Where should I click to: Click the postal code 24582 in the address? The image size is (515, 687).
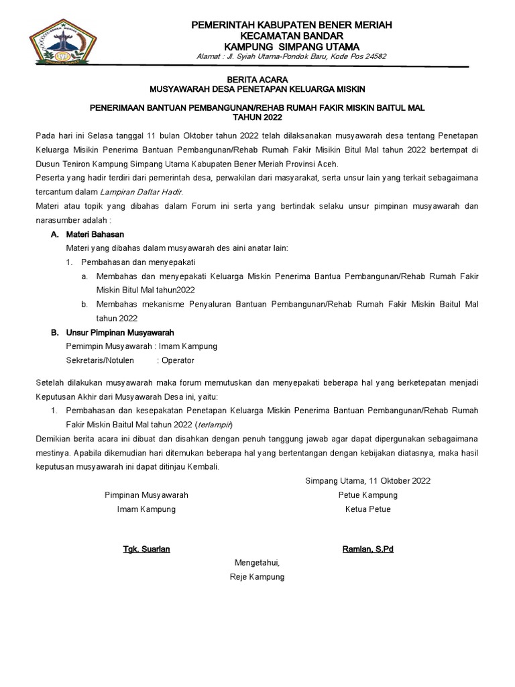[x=373, y=56]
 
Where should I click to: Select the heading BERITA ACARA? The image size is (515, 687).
[x=257, y=79]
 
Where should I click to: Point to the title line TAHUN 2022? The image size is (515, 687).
[x=257, y=117]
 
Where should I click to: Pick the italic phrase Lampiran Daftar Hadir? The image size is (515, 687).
[x=150, y=192]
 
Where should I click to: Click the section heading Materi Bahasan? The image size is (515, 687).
[x=94, y=235]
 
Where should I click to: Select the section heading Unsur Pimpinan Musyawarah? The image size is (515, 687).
[x=120, y=333]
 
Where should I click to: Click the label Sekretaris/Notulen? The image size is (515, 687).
[x=99, y=360]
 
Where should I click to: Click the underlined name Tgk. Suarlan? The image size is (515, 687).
[x=146, y=549]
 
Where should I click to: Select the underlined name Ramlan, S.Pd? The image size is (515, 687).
[x=367, y=549]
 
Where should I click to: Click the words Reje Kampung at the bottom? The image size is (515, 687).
[x=257, y=577]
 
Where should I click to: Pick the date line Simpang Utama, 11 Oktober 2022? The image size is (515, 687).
[x=367, y=481]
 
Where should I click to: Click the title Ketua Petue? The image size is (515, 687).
[x=367, y=509]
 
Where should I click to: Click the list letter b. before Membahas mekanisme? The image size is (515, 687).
[x=84, y=305]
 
